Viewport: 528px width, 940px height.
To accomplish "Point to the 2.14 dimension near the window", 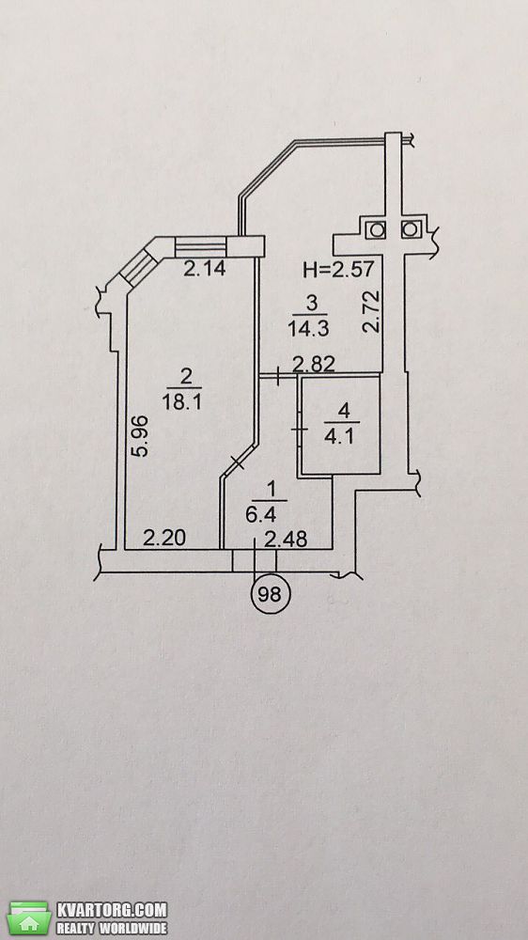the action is point(204,270).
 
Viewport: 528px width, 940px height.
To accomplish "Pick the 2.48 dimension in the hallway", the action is point(286,540).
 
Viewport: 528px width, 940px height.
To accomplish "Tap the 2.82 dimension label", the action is point(313,365).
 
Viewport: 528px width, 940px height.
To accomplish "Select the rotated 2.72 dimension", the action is point(372,312).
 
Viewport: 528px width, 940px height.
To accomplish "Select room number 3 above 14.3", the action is point(311,304).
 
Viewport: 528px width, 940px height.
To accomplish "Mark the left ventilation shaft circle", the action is point(378,229).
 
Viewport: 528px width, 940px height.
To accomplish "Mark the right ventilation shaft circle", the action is point(411,229).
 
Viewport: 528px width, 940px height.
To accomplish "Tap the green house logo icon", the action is point(29,917).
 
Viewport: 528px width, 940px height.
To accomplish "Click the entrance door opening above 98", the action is point(254,560).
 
